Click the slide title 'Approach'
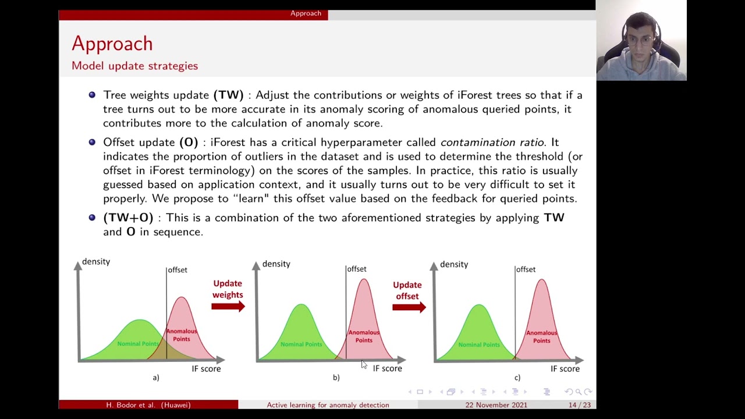click(x=112, y=44)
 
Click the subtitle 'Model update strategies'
click(x=134, y=66)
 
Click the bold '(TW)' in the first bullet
click(x=228, y=95)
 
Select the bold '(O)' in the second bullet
click(x=189, y=142)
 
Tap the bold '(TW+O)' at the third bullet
click(x=128, y=218)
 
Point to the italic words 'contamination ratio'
click(x=492, y=142)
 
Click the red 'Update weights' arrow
click(x=228, y=306)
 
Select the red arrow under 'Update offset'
click(x=409, y=307)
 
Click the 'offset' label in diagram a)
click(x=178, y=270)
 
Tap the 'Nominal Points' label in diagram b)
click(x=301, y=344)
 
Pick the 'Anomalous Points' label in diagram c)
click(x=541, y=336)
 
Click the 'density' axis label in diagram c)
click(x=453, y=264)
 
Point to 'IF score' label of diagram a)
click(x=206, y=369)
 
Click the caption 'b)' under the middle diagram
click(x=336, y=378)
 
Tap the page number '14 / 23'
click(x=579, y=405)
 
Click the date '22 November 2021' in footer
click(x=496, y=405)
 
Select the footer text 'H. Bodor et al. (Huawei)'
click(x=148, y=405)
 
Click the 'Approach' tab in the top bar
click(x=306, y=13)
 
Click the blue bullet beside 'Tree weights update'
click(x=92, y=95)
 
